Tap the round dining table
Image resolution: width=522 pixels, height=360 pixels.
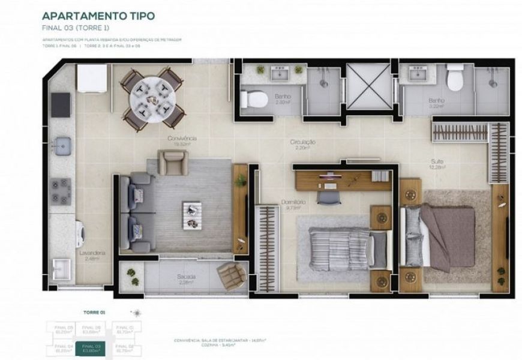pyautogui.click(x=152, y=97)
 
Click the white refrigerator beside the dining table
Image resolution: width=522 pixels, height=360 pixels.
pyautogui.click(x=92, y=78)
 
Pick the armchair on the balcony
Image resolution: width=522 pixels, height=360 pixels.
pyautogui.click(x=230, y=275)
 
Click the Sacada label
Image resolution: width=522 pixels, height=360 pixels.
pyautogui.click(x=185, y=278)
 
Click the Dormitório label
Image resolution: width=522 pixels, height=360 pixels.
pyautogui.click(x=293, y=203)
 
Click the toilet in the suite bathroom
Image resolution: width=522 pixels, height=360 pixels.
pyautogui.click(x=455, y=80)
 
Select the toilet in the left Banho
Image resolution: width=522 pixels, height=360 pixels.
pyautogui.click(x=253, y=98)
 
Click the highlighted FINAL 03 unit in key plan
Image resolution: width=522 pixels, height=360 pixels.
pyautogui.click(x=91, y=347)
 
